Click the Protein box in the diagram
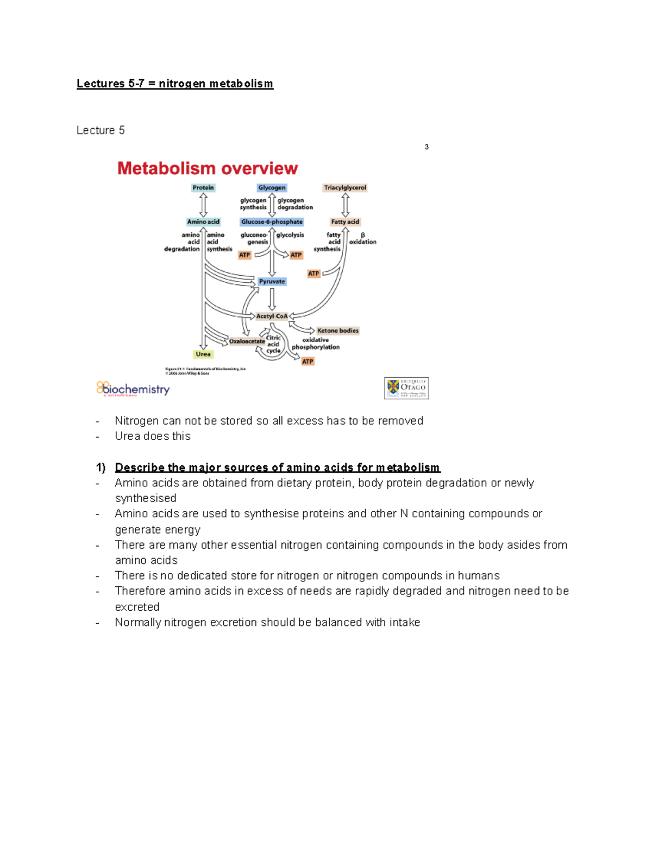point(203,188)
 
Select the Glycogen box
point(272,188)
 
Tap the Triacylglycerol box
point(345,188)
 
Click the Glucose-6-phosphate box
point(272,222)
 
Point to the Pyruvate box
point(272,282)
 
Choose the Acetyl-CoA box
point(272,316)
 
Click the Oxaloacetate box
point(247,341)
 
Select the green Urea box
point(203,354)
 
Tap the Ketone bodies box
point(337,331)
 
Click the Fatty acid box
point(345,222)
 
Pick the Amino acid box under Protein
point(203,222)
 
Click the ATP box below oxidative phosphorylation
point(308,362)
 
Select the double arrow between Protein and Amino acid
point(203,205)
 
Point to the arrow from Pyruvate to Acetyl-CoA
point(272,299)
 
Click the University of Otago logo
point(406,388)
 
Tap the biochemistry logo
point(133,389)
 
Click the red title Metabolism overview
point(208,168)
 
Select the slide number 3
point(427,147)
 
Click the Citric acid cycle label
point(273,344)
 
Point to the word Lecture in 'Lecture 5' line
point(96,130)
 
